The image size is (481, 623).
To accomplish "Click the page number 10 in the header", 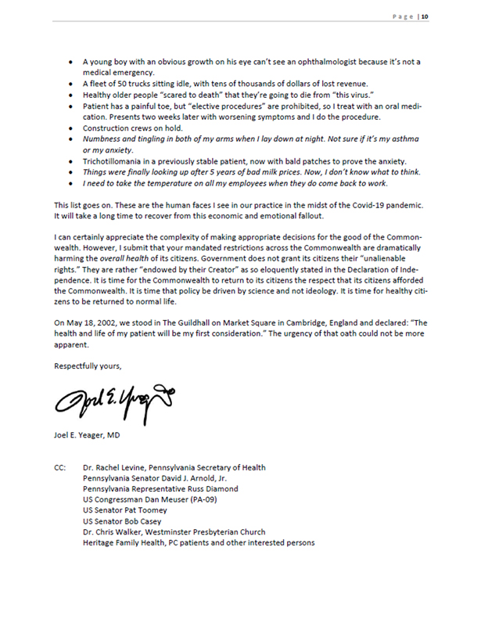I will click(x=425, y=17).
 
